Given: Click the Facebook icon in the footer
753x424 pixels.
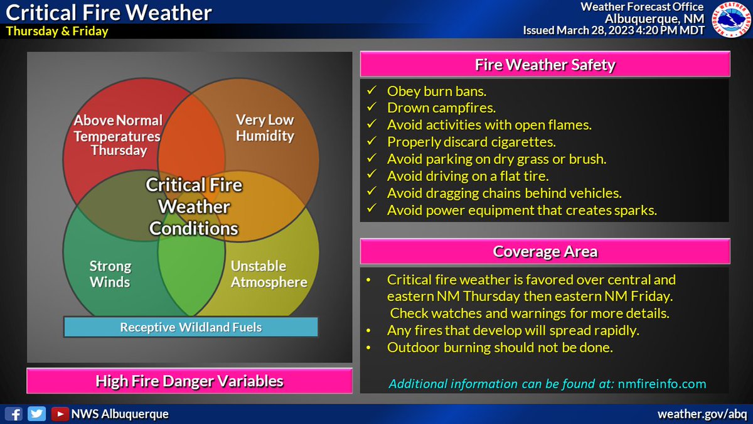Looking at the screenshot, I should (x=14, y=414).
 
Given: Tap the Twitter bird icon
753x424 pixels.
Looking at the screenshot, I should (x=36, y=414).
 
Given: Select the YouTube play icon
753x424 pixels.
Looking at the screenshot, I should (x=60, y=414).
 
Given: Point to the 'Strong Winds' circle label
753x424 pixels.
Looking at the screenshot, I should (x=110, y=275).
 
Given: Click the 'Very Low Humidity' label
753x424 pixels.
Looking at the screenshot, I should (x=264, y=128).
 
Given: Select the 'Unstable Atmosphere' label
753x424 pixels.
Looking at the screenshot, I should (x=269, y=275).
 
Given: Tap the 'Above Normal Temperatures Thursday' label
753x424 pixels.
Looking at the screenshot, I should (x=118, y=135).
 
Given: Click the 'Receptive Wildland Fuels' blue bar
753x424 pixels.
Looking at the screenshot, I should (x=191, y=327).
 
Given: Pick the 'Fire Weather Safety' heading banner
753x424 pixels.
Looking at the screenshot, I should (x=545, y=64).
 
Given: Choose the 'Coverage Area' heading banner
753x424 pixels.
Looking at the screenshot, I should (x=545, y=252).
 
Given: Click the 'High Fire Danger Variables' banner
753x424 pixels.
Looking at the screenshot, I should (x=189, y=381).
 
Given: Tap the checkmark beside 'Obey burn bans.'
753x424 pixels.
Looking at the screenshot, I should (x=371, y=92).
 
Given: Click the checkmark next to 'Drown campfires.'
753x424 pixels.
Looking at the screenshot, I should (x=371, y=107).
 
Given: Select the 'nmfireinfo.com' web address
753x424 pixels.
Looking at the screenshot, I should (x=661, y=384).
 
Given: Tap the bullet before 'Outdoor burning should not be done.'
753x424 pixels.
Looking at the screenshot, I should (x=371, y=347).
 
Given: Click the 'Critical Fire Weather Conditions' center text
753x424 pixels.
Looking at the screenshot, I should (x=193, y=206).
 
